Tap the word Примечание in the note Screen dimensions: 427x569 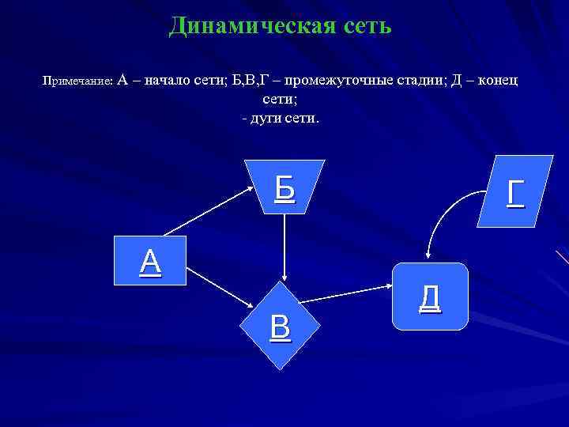[x=77, y=81]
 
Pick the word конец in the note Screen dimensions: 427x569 [x=496, y=81]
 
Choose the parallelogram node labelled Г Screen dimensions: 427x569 [x=514, y=192]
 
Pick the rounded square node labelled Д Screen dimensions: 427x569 [x=430, y=295]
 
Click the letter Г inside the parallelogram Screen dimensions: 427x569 [x=514, y=192]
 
